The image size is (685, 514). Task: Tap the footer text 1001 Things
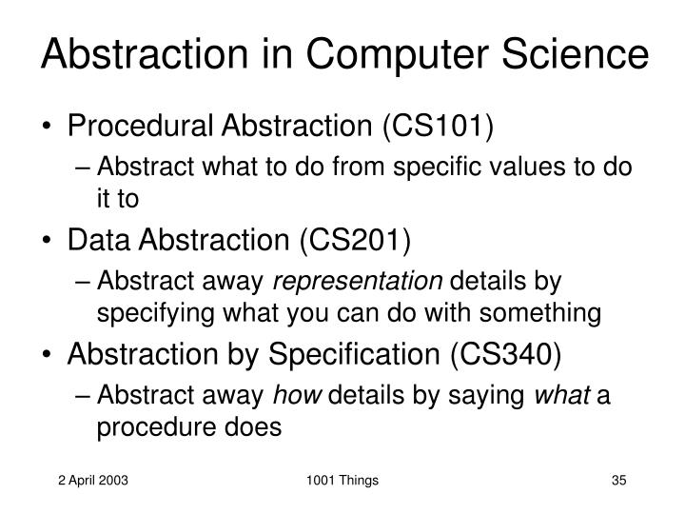342,481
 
